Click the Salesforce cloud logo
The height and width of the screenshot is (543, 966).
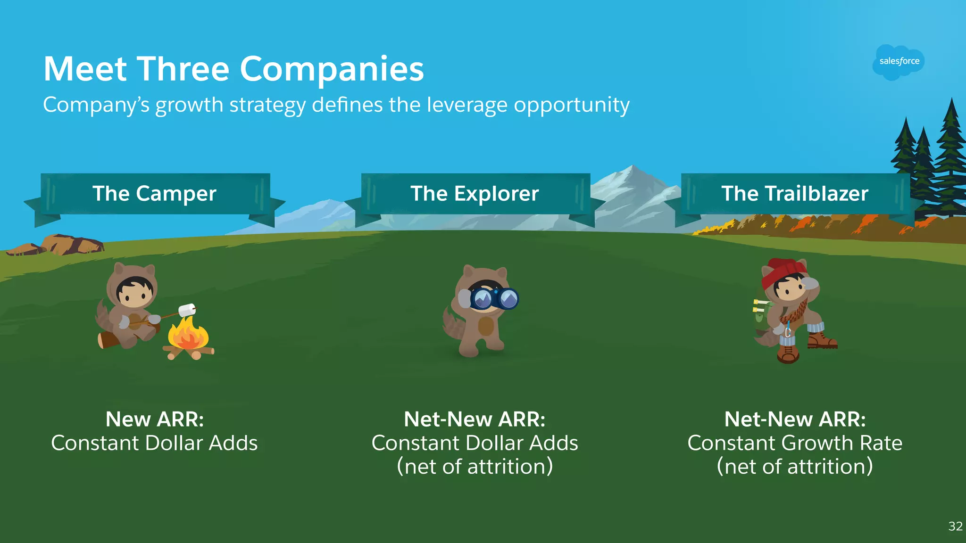point(899,62)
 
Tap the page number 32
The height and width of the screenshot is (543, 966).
point(955,527)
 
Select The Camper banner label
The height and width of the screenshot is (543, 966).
point(154,194)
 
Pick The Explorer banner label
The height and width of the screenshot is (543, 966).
point(475,194)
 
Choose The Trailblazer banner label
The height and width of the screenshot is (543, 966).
point(795,194)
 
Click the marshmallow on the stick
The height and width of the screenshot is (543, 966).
point(187,310)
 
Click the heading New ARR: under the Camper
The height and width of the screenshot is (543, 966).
point(155,419)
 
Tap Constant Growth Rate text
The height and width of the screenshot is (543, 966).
point(795,443)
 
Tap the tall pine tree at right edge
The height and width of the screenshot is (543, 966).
point(951,156)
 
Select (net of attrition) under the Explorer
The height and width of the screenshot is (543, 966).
point(475,467)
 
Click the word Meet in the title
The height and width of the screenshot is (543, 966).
point(85,69)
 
